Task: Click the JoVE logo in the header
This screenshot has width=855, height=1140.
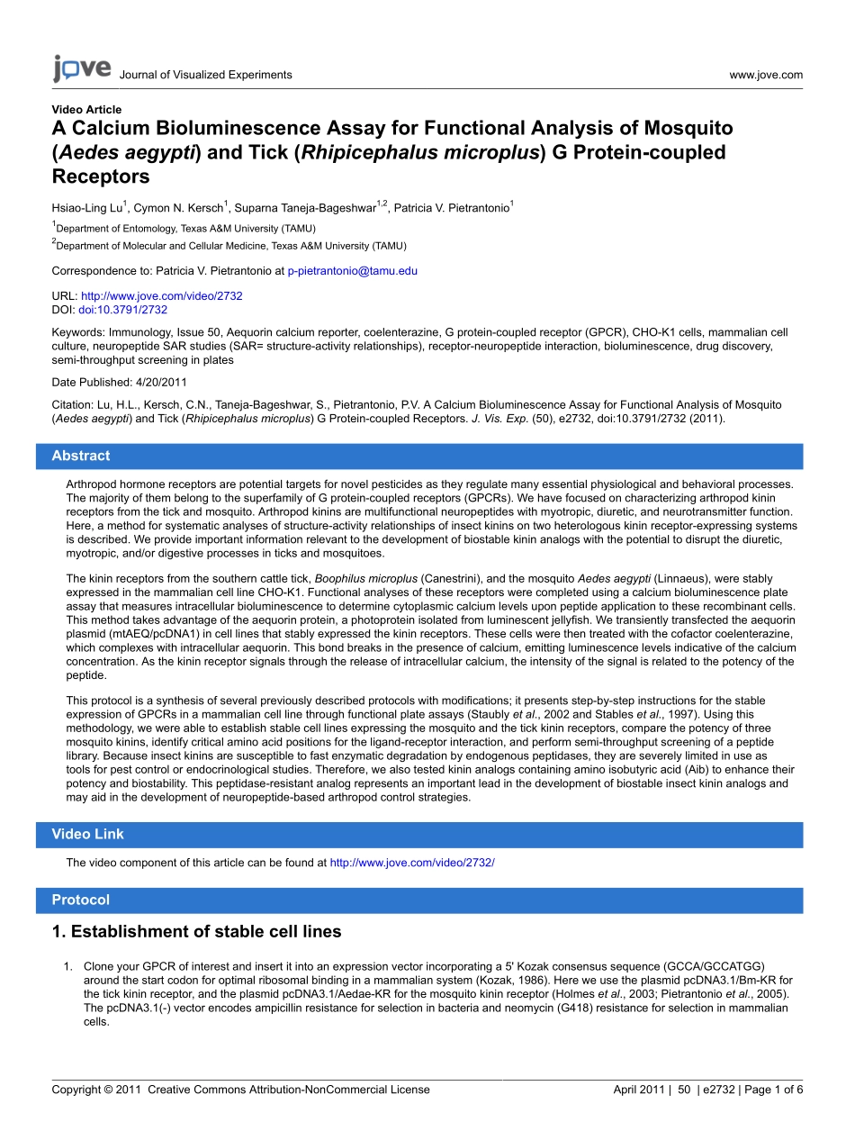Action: pyautogui.click(x=81, y=69)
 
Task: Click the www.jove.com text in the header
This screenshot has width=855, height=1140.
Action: pyautogui.click(x=766, y=75)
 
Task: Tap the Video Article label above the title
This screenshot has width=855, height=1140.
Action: pyautogui.click(x=86, y=110)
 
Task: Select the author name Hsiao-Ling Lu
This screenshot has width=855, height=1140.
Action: pyautogui.click(x=86, y=208)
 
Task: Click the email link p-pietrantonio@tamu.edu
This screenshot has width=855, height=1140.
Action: pyautogui.click(x=352, y=270)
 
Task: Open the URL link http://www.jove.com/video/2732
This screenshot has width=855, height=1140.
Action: pyautogui.click(x=162, y=295)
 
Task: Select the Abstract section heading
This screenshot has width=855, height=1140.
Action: pyautogui.click(x=81, y=456)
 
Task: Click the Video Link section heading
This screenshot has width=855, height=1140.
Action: pyautogui.click(x=87, y=834)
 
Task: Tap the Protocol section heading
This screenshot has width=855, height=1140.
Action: pyautogui.click(x=80, y=900)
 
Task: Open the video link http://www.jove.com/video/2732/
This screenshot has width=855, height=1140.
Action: pyautogui.click(x=412, y=863)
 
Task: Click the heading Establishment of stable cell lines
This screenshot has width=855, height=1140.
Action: pyautogui.click(x=197, y=931)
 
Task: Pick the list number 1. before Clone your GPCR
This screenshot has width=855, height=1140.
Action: pyautogui.click(x=67, y=966)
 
